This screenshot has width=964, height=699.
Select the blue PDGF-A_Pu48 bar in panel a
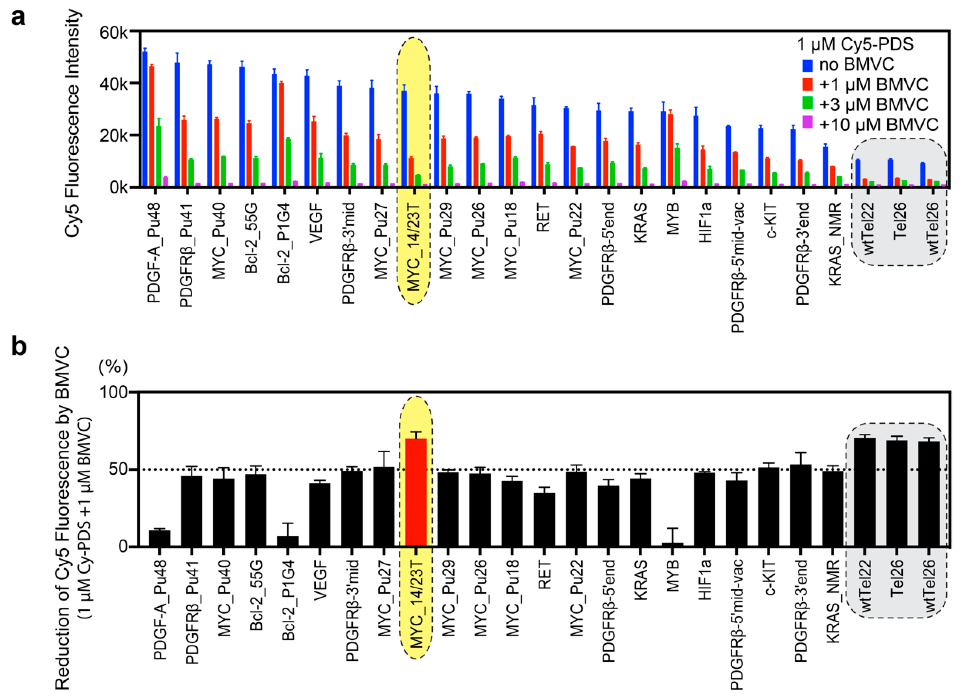coord(145,119)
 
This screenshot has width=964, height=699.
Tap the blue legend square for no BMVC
coord(808,65)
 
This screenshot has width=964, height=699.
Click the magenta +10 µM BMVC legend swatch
coord(808,123)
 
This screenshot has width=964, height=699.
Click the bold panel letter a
coord(18,18)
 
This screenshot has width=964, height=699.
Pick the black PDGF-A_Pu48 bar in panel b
coord(159,538)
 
